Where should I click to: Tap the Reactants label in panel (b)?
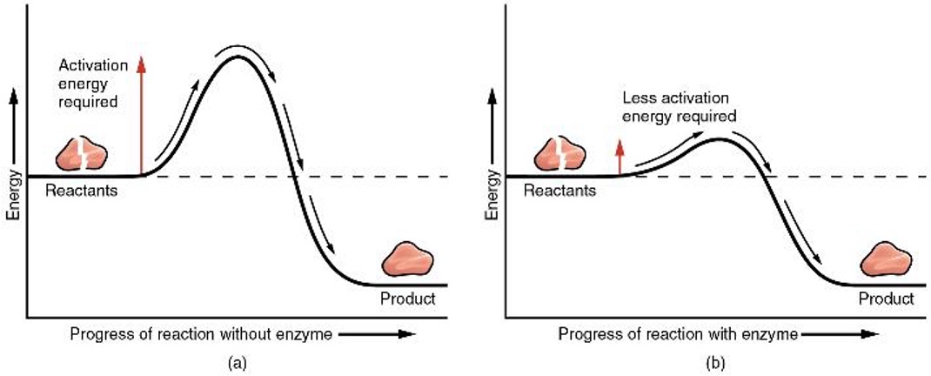[x=560, y=191]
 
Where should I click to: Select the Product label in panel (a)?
[x=407, y=299]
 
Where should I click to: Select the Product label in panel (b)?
[x=886, y=299]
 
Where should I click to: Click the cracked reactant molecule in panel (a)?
[x=82, y=155]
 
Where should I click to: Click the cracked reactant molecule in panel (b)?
[x=559, y=155]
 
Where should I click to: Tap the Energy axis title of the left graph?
[x=13, y=196]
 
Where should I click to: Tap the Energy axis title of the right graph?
[x=493, y=196]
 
